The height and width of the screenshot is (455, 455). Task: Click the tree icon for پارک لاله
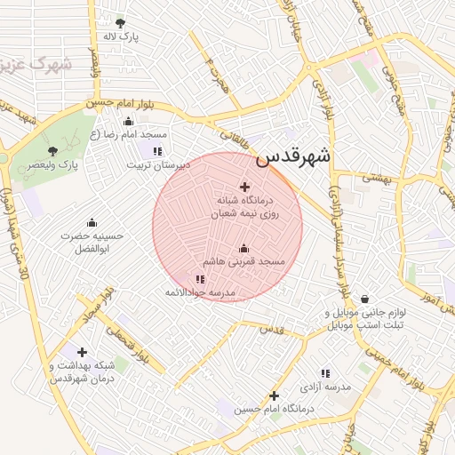tap(121, 23)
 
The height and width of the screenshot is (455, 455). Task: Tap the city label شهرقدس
tap(293, 156)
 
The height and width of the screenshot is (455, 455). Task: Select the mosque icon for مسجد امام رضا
tap(128, 122)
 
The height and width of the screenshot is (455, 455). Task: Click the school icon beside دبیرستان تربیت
tap(158, 151)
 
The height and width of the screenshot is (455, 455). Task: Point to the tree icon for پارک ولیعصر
tap(53, 151)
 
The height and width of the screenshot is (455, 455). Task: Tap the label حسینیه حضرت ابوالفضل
tap(92, 243)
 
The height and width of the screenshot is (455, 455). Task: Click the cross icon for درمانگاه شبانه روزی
tap(245, 188)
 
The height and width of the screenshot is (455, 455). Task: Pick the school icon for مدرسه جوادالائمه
tap(199, 280)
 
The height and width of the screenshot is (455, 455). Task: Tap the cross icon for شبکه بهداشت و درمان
tap(82, 352)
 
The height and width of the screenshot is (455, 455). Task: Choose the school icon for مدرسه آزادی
tap(325, 373)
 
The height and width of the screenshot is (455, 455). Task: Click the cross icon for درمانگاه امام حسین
tap(274, 395)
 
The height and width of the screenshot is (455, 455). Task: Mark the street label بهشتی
tap(376, 179)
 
